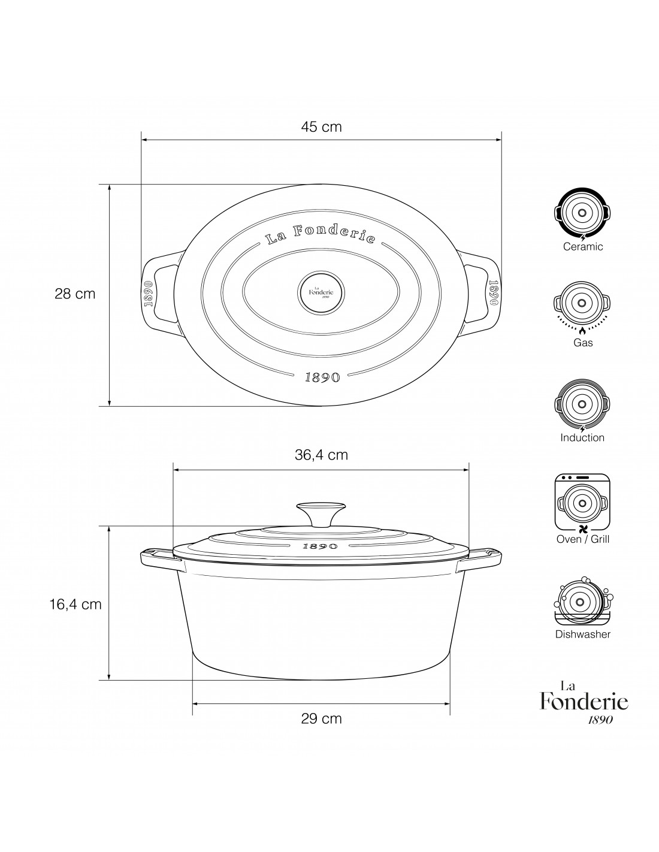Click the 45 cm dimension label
(321, 126)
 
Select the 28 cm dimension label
(75, 294)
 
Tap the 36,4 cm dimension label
(321, 455)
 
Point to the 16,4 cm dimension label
(75, 605)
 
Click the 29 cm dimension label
(321, 719)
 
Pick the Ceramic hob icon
(582, 214)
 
